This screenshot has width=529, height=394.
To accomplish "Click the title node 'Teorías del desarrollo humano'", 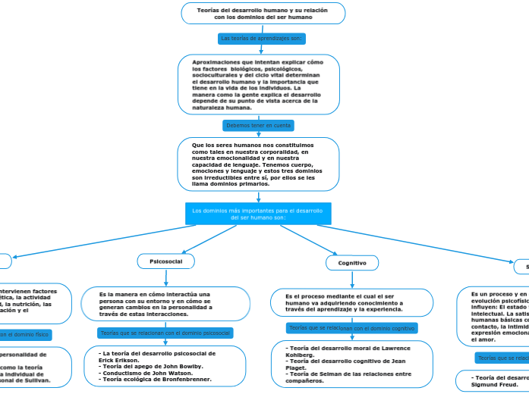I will coord(263,13).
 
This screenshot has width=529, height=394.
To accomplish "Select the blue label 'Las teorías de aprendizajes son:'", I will coord(261,38).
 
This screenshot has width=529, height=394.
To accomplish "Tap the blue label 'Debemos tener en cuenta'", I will coord(258,125).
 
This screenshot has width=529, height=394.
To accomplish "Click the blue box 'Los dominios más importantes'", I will coord(258,214).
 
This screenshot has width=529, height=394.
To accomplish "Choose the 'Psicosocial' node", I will coord(165,261).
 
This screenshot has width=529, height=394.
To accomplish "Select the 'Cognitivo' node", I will coord(351,263).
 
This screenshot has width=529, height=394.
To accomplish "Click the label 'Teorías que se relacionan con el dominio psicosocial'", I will coord(165,333).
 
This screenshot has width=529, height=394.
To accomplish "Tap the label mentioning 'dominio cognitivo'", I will coord(351,328).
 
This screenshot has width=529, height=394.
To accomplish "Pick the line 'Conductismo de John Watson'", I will coord(150,372).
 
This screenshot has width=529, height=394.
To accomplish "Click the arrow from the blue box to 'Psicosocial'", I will coord(205,239).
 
